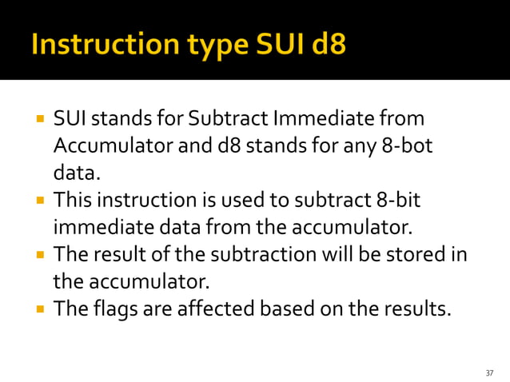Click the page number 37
489,373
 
